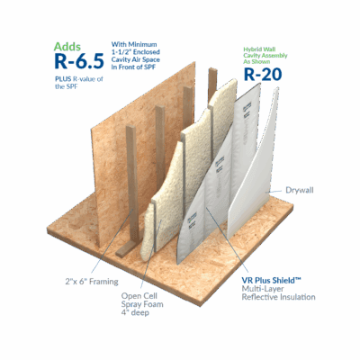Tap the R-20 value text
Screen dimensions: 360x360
[265, 75]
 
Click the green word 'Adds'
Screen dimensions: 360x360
[67, 44]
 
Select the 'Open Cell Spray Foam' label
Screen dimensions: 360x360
[144, 296]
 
